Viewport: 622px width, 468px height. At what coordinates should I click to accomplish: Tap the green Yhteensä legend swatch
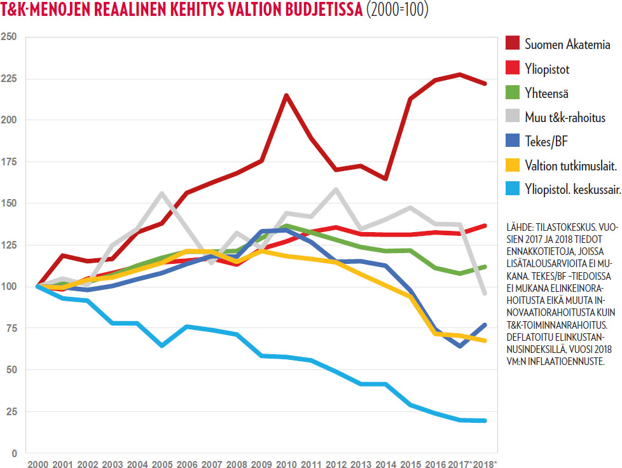(513, 93)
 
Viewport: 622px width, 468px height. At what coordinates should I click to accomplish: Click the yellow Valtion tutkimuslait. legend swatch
(513, 165)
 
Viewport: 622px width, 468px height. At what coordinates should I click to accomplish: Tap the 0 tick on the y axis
(13, 453)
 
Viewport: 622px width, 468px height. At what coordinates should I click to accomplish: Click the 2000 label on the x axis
(38, 463)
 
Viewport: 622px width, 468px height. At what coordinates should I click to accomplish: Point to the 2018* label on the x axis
(487, 463)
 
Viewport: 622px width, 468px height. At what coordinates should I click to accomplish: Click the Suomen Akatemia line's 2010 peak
(287, 95)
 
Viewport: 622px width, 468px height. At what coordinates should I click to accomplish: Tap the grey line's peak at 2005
(162, 193)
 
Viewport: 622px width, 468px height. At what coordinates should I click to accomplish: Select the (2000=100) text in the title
(398, 11)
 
